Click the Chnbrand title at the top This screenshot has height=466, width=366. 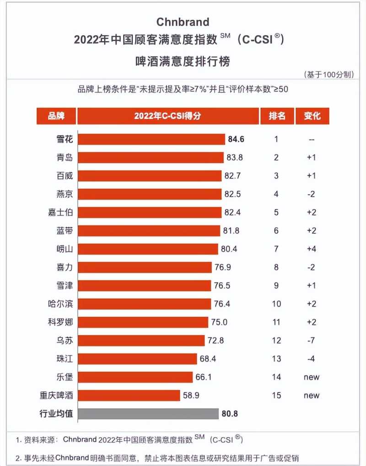click(183, 22)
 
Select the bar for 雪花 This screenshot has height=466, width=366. click(151, 139)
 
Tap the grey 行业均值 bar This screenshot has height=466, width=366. click(148, 414)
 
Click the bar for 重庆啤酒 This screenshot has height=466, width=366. click(129, 396)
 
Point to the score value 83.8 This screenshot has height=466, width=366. click(235, 157)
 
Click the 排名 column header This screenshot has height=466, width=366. click(276, 116)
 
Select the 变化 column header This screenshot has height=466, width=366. click(312, 116)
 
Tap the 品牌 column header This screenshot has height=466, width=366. click(56, 116)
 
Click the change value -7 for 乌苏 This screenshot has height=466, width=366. click(312, 341)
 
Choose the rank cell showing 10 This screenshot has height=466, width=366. click(276, 304)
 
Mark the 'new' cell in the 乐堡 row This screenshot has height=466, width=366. click(312, 377)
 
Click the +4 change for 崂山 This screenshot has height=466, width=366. click(312, 249)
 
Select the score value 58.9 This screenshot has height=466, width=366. click(192, 396)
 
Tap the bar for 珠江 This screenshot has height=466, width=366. click(137, 359)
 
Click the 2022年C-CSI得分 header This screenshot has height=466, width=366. click(167, 116)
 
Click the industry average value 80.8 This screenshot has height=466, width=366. click(231, 414)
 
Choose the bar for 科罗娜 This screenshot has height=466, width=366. click(143, 322)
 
